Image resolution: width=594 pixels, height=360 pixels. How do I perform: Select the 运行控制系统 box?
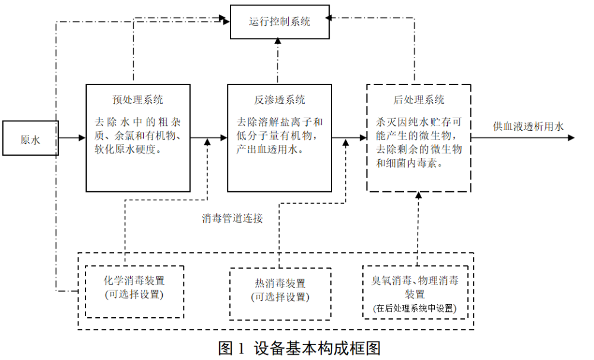coord(279,22)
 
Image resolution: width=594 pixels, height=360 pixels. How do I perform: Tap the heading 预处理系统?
coord(138,99)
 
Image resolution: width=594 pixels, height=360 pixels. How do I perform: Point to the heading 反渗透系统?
coord(279,99)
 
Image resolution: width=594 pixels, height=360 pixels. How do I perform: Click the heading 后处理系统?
coord(419,99)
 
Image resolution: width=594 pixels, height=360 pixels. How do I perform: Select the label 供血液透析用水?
coord(527,126)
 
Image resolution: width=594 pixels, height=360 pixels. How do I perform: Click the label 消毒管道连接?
coord(232,218)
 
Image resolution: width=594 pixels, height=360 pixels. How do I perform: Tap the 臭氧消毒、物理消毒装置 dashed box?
coord(415,291)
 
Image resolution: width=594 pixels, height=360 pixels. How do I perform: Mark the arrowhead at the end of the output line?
coord(571,138)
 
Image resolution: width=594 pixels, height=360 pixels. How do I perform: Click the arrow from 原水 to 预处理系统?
coord(72,138)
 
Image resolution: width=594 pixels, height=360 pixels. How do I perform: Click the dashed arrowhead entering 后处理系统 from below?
coord(419,196)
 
